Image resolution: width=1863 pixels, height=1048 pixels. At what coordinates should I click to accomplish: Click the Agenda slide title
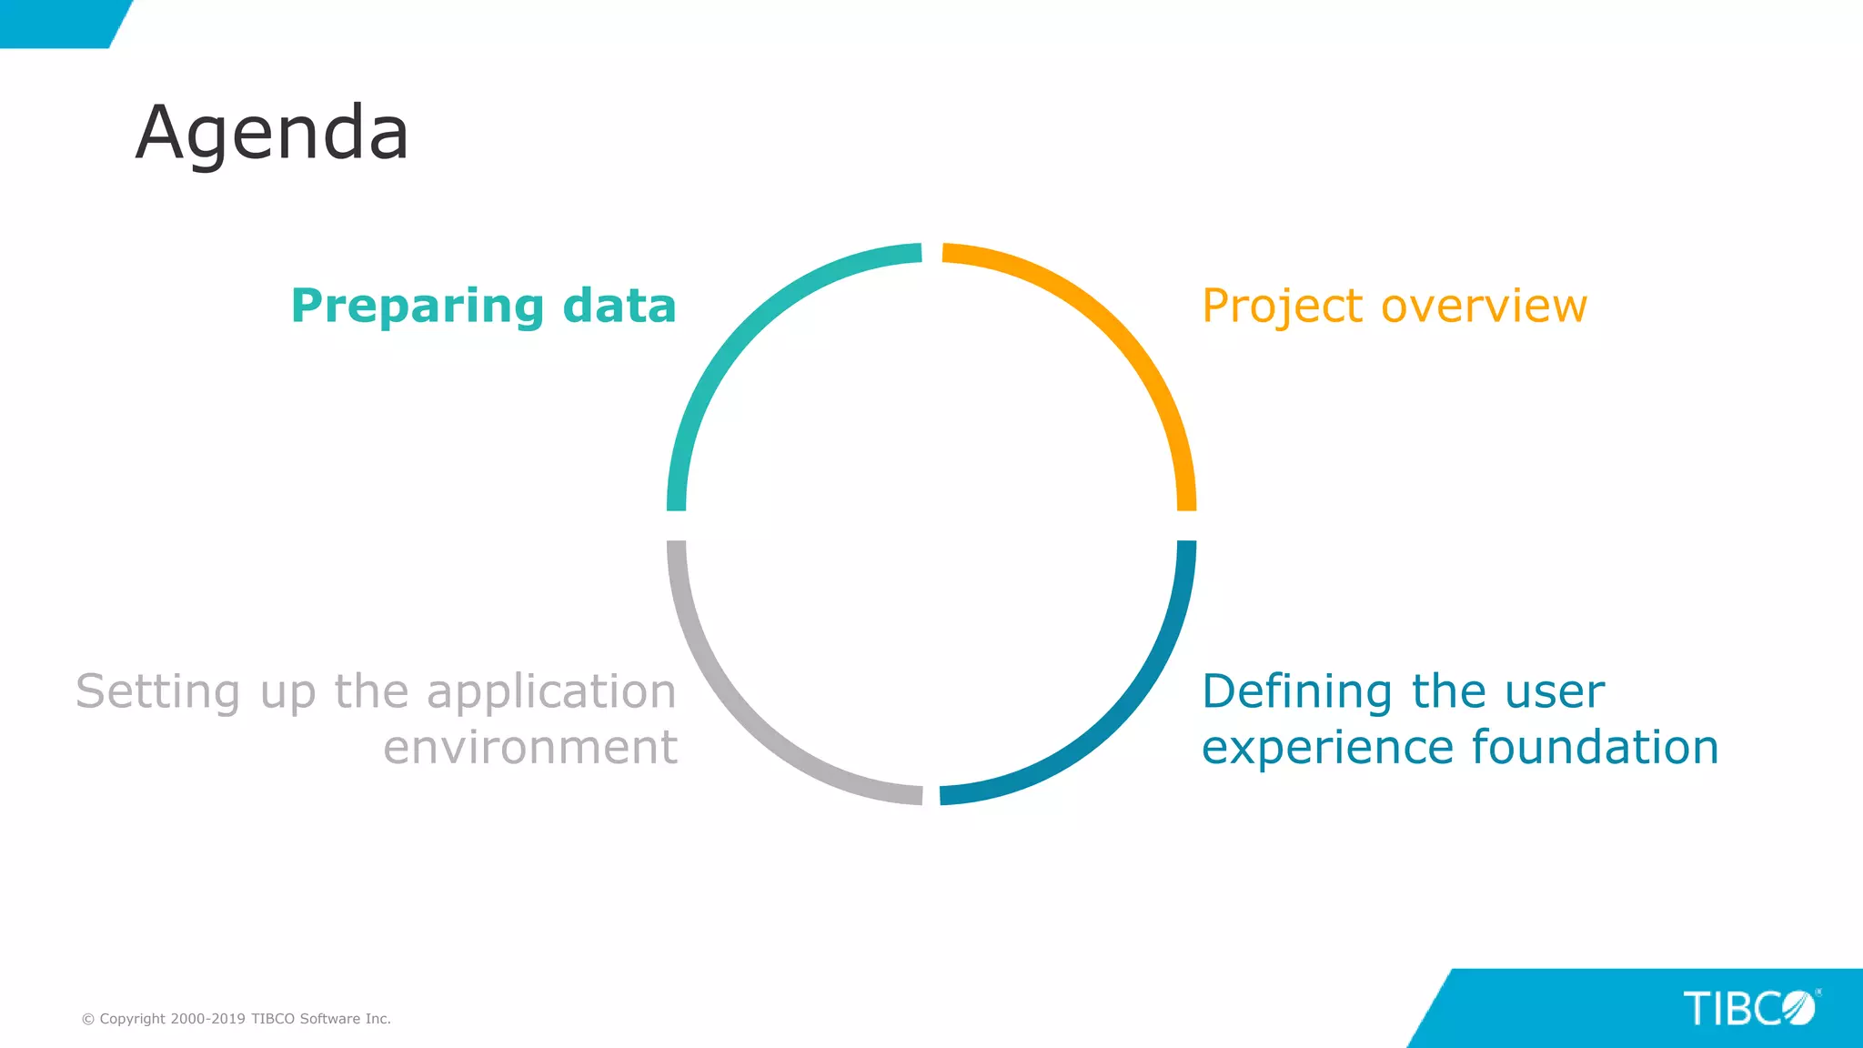[272, 133]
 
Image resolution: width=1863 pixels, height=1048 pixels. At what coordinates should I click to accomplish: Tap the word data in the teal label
[619, 306]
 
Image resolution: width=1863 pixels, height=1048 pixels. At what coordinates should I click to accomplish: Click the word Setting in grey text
[157, 692]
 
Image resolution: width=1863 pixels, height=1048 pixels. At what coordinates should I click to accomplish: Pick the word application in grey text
[551, 693]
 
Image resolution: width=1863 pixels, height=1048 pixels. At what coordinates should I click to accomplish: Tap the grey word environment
[530, 748]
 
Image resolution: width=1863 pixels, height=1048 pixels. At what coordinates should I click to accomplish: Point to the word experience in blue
[1327, 748]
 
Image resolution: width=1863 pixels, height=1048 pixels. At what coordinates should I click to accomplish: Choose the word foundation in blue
[1595, 747]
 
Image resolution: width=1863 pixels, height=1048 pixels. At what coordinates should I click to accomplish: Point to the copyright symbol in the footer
[88, 1020]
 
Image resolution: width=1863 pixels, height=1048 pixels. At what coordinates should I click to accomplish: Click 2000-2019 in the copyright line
[207, 1019]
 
